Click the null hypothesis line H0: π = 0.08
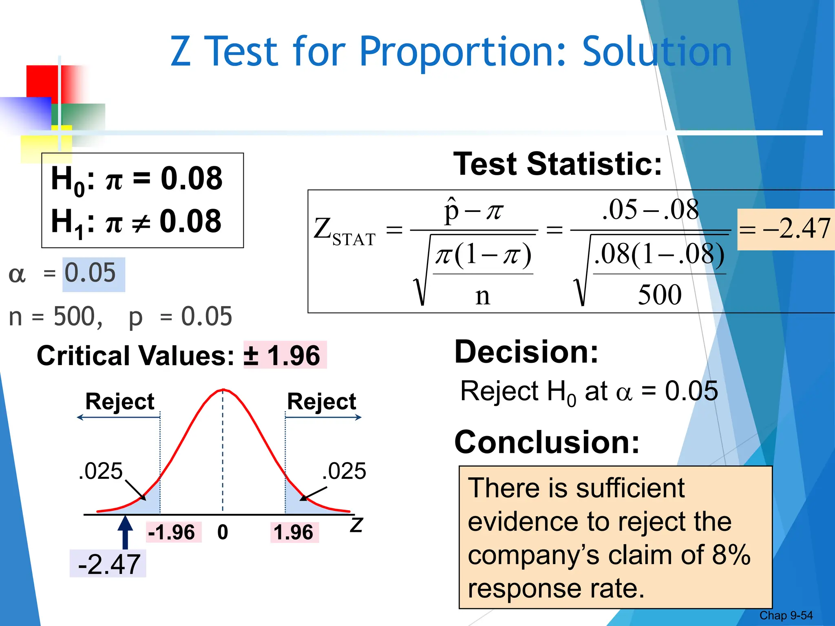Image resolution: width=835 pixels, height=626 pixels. coord(137,179)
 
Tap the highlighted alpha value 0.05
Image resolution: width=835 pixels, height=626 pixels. coord(91,273)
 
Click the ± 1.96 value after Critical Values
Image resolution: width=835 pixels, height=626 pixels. coord(282,355)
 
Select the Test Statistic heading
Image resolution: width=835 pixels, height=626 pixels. coord(557,164)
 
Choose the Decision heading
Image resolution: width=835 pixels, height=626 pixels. coord(526,352)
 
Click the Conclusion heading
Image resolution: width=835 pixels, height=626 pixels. coord(547,442)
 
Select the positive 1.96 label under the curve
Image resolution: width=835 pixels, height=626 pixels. coord(294,532)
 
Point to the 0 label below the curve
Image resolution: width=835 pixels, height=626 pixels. coord(223,532)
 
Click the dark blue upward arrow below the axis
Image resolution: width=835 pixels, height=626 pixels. coord(125,532)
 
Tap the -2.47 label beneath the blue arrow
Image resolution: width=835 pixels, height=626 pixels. coord(109,564)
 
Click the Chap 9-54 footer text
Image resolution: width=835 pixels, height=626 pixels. coord(786,615)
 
